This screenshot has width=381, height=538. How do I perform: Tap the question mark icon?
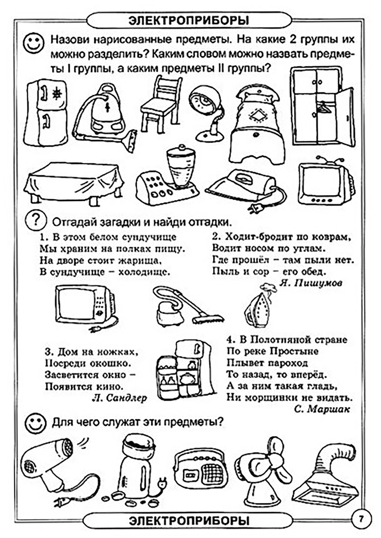click(x=36, y=220)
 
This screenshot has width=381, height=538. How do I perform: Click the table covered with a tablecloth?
click(x=74, y=183)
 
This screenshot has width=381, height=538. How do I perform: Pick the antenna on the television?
click(x=329, y=159)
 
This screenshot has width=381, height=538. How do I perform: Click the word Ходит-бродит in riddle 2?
click(x=255, y=237)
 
